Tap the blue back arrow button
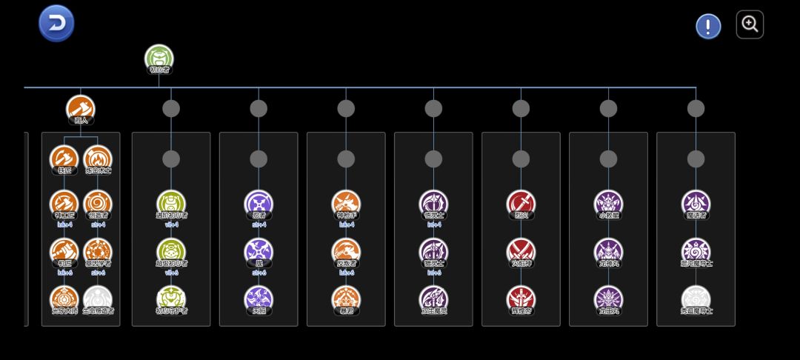pos(56,23)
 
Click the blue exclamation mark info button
pos(708,27)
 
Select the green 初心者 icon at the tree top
pos(159,58)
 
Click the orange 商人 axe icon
pos(80,108)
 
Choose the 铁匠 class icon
pos(64,158)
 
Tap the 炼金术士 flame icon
pos(98,158)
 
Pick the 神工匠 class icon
pos(64,203)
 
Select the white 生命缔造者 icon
pos(98,298)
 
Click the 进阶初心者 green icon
pos(171,203)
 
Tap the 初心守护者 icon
pos(171,298)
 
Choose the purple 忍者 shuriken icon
pos(259,203)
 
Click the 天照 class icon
pos(259,298)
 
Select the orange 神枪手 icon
pos(346,203)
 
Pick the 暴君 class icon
pos(346,298)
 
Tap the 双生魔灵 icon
pos(433,298)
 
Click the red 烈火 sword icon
pos(521,203)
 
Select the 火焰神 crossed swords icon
pos(521,250)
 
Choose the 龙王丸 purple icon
pos(608,298)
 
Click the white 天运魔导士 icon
pos(696,298)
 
